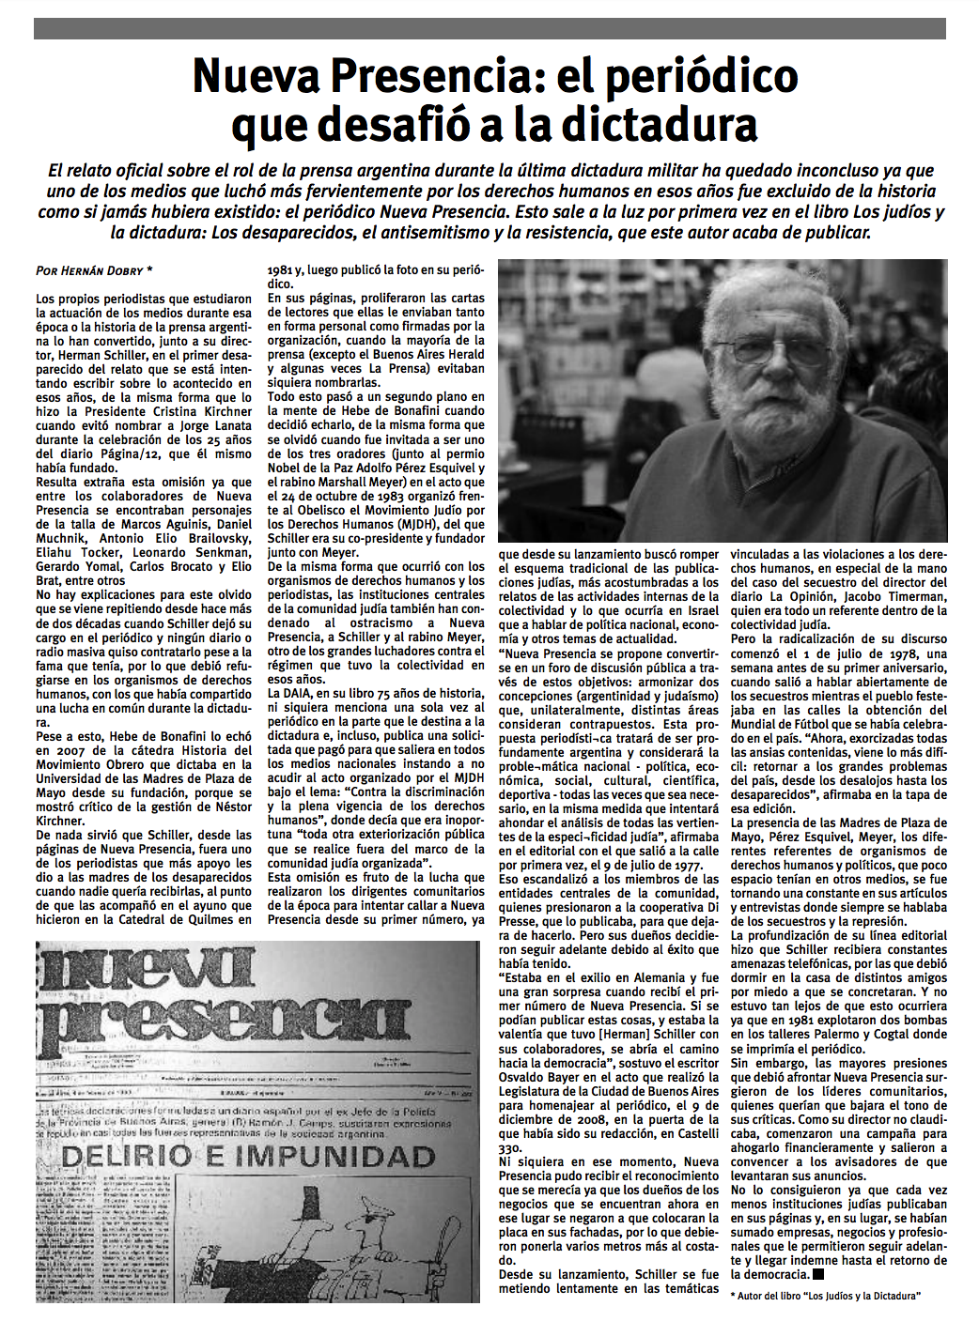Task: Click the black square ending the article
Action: coord(818,1274)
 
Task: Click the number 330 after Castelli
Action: coord(509,1147)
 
